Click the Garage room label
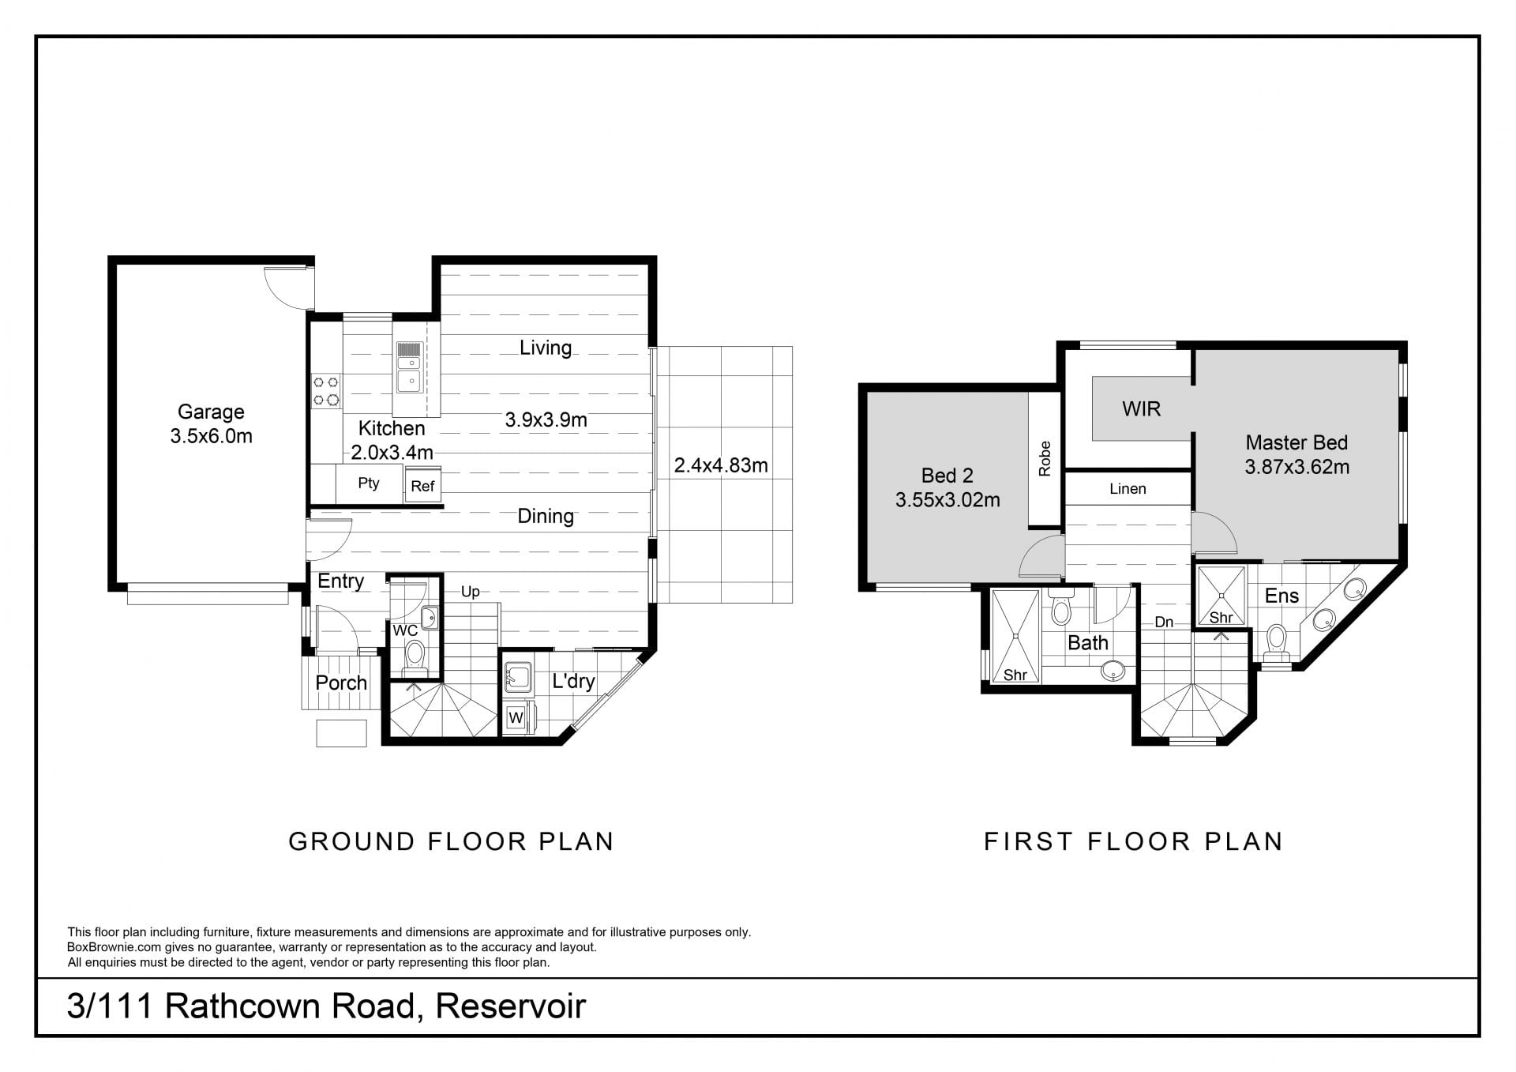pos(211,412)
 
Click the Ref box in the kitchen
pos(422,485)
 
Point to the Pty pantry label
pos(369,483)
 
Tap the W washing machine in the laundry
pos(516,717)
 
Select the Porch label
pos(341,683)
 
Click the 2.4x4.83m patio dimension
pos(721,465)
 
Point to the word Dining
pos(546,516)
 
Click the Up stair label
pos(471,592)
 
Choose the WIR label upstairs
pos(1142,408)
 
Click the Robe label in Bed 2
pos(1045,459)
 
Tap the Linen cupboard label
pos(1128,489)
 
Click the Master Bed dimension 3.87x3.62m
pos(1297,467)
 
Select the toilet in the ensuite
pos(1276,643)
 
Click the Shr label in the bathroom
pos(1015,675)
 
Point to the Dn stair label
pos(1164,623)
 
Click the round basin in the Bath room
pos(1113,670)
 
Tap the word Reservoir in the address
pos(511,1006)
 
